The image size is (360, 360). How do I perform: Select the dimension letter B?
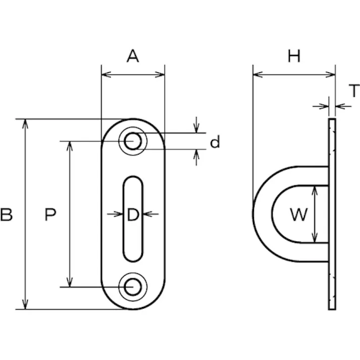point(7,215)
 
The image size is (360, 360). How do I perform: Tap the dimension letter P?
point(50,215)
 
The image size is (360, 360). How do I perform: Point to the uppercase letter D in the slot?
point(132,215)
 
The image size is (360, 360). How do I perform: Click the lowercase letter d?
point(215,143)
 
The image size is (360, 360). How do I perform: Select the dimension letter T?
point(354,91)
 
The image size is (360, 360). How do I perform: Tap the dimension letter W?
point(298,215)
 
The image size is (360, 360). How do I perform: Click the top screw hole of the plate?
point(133,141)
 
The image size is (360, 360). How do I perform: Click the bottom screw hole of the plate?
point(133,286)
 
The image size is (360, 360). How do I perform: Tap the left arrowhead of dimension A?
point(105,75)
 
